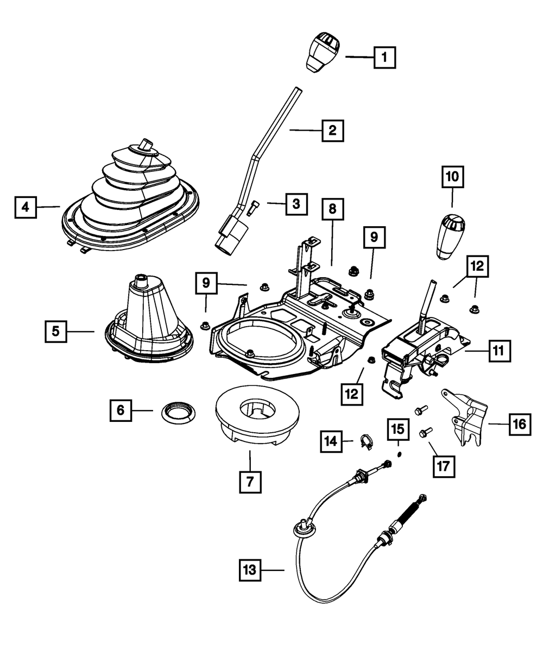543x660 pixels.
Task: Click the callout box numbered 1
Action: pyautogui.click(x=384, y=56)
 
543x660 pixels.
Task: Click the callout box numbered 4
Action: pyautogui.click(x=25, y=207)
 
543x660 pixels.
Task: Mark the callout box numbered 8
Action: pyautogui.click(x=332, y=209)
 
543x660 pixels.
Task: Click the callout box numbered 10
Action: pyautogui.click(x=452, y=177)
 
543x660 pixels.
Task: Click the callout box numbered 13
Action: pyautogui.click(x=251, y=570)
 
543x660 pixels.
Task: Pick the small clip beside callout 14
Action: pyautogui.click(x=366, y=441)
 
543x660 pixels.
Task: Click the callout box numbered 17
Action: pyautogui.click(x=444, y=465)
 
